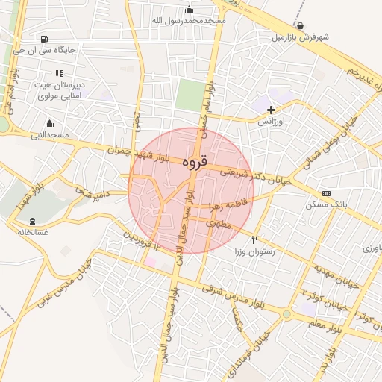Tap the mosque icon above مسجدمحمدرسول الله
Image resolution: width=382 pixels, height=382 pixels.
click(188, 10)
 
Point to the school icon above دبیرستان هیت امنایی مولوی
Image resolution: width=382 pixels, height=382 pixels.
click(59, 73)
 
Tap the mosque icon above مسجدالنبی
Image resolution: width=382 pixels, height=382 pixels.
click(50, 123)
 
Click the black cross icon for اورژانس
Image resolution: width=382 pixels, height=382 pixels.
click(271, 110)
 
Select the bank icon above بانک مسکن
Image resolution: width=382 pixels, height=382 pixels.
click(325, 193)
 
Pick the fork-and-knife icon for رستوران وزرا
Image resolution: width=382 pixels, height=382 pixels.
click(255, 240)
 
